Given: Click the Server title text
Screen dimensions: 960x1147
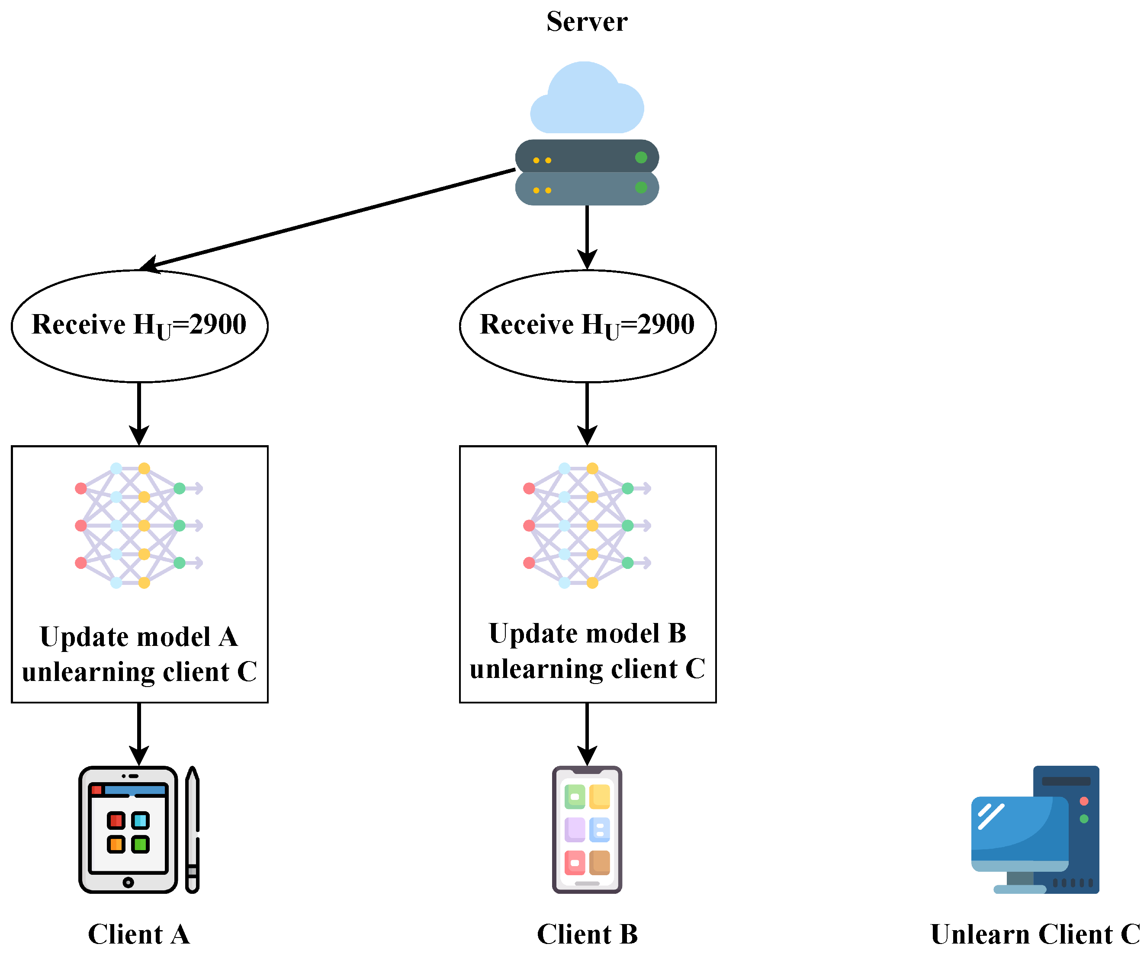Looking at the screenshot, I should (x=587, y=22).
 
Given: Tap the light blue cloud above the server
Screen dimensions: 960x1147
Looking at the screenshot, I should (x=587, y=101).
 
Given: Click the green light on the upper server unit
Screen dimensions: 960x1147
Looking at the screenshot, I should (x=641, y=157).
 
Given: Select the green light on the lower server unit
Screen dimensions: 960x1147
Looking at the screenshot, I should (x=641, y=187).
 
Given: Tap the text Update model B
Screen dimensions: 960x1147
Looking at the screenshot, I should (x=587, y=633).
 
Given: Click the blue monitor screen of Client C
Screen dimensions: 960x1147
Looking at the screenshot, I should (x=1018, y=827).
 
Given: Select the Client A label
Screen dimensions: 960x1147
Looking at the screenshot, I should (x=139, y=934).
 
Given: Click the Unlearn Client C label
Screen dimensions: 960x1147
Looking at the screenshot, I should (x=1035, y=934).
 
